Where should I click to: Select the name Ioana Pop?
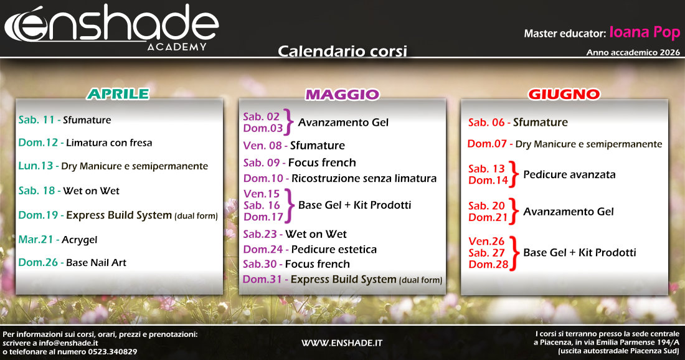[645, 32]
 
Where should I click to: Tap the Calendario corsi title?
[342, 51]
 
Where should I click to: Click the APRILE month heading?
[118, 94]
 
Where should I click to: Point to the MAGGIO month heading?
[342, 95]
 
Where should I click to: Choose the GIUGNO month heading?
[564, 95]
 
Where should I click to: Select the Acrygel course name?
[79, 240]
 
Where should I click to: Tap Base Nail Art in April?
[96, 263]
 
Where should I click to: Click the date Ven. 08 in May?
[262, 146]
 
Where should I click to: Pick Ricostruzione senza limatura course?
[364, 179]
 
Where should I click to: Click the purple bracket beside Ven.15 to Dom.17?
[288, 205]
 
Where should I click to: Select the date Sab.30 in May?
[262, 264]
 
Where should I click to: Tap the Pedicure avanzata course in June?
[569, 174]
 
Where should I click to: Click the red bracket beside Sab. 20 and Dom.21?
[513, 211]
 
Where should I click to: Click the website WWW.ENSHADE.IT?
[342, 343]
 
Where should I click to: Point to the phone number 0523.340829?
[110, 352]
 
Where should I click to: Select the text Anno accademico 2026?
[633, 53]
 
